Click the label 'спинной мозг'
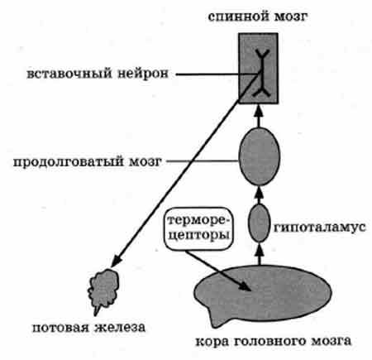[x=258, y=17]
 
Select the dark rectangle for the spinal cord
[x=258, y=69]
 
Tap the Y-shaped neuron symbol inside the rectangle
[x=261, y=73]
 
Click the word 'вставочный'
[x=69, y=74]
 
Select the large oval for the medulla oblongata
[x=259, y=156]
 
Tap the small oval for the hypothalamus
[x=259, y=223]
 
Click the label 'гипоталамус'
[x=320, y=228]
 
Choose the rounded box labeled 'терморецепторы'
[x=198, y=228]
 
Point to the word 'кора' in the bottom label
[x=212, y=341]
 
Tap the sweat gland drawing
[x=103, y=289]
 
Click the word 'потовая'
[x=61, y=328]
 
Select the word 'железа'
[x=120, y=328]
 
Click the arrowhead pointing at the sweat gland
[x=117, y=262]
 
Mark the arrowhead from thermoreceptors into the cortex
[x=245, y=286]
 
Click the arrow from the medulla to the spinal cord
[x=258, y=116]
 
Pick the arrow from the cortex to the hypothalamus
[x=259, y=253]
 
